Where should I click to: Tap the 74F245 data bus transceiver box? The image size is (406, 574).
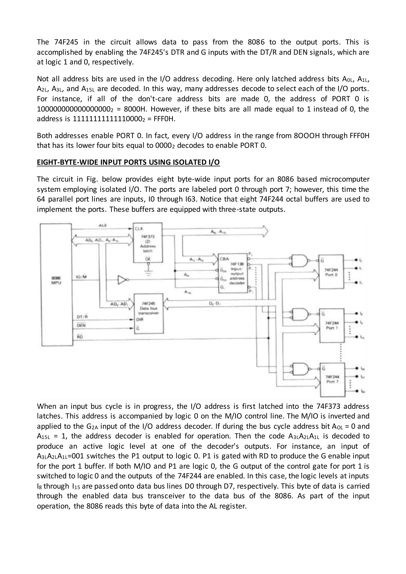149,314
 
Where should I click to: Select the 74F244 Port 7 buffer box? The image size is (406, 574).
332,380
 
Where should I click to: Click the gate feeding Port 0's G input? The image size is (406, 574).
300,261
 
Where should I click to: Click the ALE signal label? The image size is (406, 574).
102,226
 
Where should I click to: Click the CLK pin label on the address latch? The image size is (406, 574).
139,229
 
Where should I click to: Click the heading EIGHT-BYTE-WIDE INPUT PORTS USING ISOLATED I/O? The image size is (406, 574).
128,162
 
